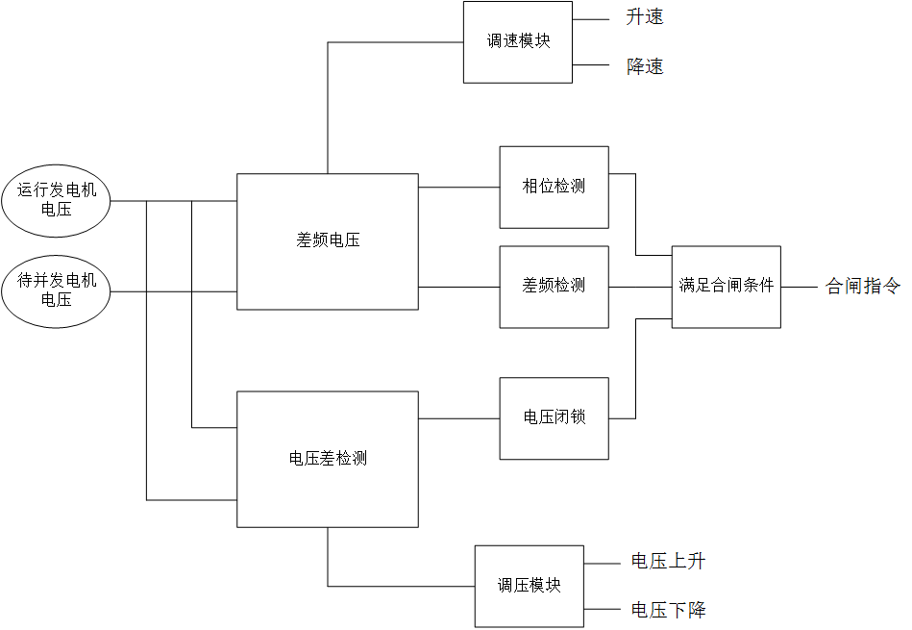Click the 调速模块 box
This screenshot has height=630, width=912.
click(518, 42)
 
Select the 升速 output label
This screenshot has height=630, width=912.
click(644, 17)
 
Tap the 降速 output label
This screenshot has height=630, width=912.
click(644, 67)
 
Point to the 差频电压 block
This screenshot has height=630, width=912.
click(328, 241)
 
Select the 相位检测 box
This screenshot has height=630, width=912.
click(554, 187)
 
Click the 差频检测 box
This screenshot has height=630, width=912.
click(554, 286)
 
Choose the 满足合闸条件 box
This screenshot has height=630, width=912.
click(726, 287)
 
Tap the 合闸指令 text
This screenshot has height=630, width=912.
click(863, 287)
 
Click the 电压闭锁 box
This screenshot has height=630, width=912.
click(554, 417)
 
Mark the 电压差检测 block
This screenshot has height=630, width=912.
click(328, 459)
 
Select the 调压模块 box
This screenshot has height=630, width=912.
click(529, 586)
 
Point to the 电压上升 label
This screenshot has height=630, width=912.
click(668, 562)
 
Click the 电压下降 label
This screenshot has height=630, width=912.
click(668, 610)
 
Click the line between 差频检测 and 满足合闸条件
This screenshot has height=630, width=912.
click(640, 287)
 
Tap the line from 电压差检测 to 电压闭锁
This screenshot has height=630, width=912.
click(458, 418)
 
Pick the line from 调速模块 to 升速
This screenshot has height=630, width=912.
click(591, 18)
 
